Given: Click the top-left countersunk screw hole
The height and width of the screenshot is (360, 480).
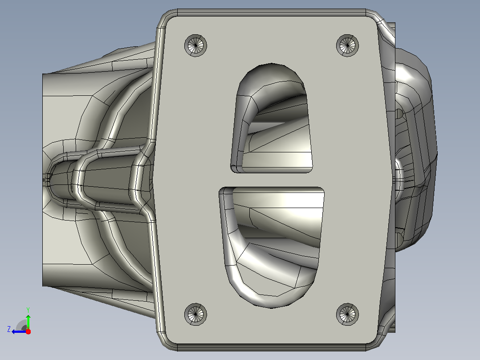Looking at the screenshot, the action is tap(195, 45).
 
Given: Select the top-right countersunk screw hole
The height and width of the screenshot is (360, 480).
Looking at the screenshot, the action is tap(347, 45).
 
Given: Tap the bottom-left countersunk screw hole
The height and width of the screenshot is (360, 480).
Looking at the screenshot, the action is tap(195, 315).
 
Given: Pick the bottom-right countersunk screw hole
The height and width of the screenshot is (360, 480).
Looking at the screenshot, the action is tap(347, 315).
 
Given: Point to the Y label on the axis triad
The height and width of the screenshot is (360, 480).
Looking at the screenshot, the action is tap(28, 310).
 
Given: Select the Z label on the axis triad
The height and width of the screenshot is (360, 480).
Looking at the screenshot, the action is tap(9, 329).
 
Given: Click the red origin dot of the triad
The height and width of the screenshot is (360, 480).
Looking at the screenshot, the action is tap(28, 331).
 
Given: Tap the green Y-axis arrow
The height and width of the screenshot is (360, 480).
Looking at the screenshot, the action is tap(28, 322).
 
